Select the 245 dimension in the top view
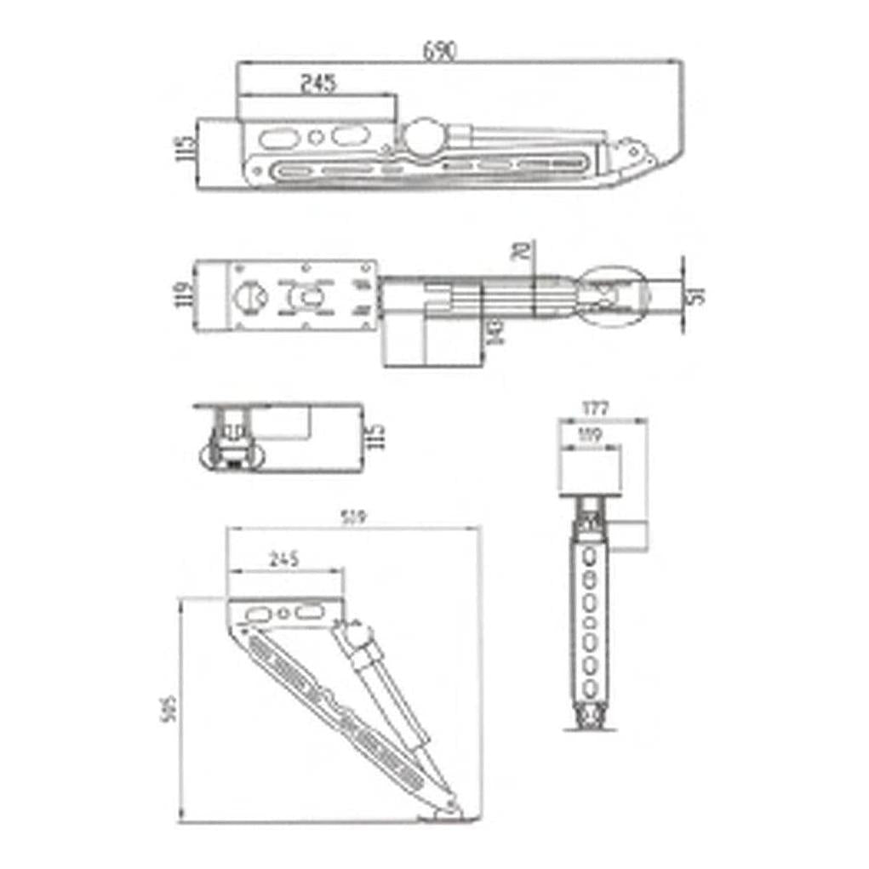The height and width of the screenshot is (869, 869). point(317,83)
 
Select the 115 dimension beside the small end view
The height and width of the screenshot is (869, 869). point(378,437)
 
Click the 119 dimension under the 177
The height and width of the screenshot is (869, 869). point(586,435)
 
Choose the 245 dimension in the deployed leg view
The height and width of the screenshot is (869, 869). point(283,560)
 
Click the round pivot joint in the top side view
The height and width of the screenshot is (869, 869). point(423,135)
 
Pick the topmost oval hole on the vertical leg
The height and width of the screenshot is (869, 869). point(587,557)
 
